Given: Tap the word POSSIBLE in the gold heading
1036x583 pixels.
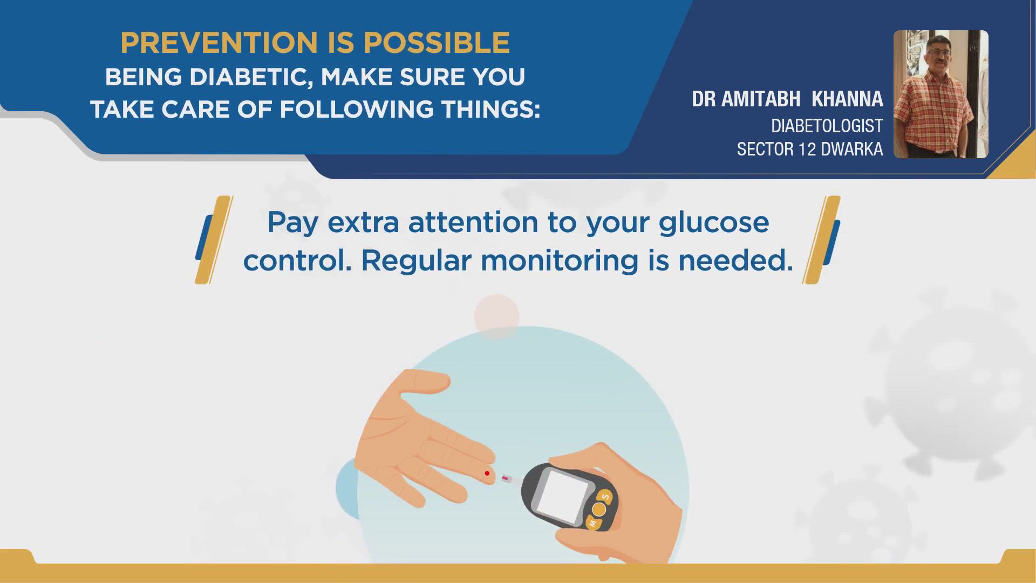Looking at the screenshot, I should tap(437, 43).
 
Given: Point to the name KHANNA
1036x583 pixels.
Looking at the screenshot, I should tap(847, 99).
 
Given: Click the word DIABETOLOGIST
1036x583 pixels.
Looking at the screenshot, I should tap(827, 126).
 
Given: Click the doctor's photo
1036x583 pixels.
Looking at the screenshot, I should tap(940, 94).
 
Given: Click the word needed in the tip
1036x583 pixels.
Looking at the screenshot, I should tap(735, 261).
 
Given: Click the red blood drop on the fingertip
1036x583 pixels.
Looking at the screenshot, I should tap(487, 473).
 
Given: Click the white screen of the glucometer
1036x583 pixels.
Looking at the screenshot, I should tap(563, 496).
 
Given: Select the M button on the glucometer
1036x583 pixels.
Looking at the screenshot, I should tap(592, 523).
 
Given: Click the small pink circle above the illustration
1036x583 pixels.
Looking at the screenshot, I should tap(496, 316).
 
